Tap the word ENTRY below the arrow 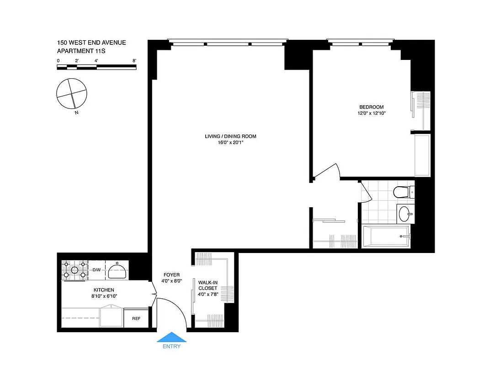point(171,346)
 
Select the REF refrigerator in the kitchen point(136,318)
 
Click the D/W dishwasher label point(96,270)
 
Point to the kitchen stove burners point(74,270)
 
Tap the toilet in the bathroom point(403,192)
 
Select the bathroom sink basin point(405,214)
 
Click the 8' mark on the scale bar point(134,60)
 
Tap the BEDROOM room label point(371,107)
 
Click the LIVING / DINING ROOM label point(230,136)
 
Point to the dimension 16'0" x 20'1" point(230,142)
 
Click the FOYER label point(171,274)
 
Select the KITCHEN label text point(104,290)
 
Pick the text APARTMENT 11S point(81,51)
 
